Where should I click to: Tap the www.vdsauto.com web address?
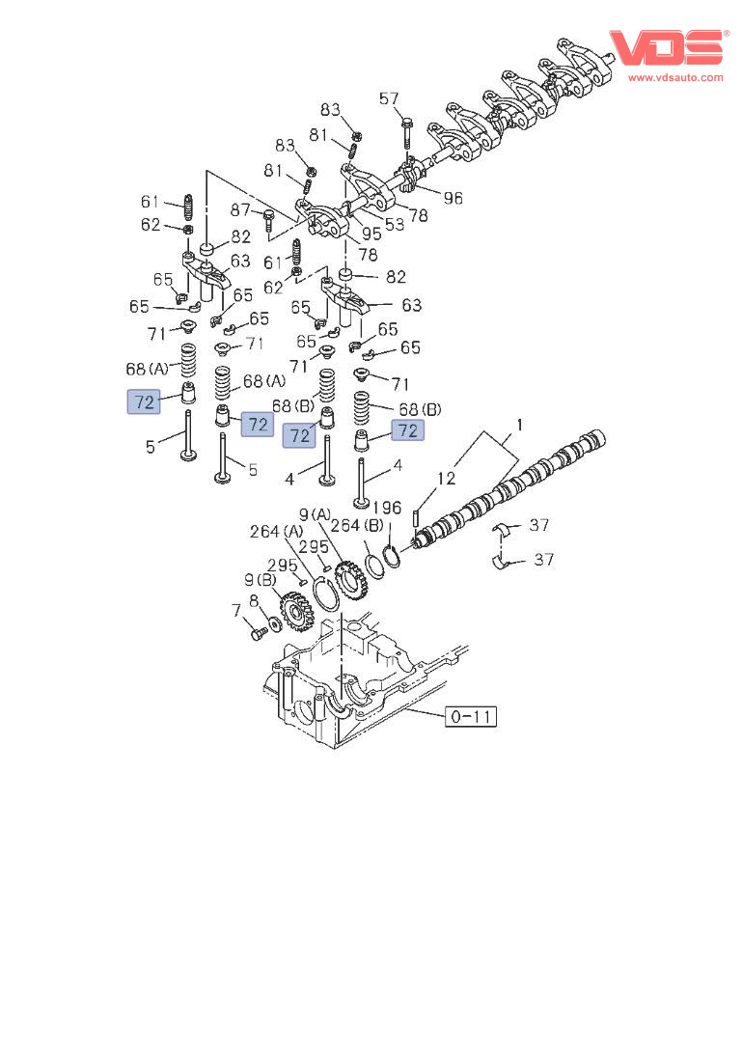[675, 77]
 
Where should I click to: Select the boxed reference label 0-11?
[472, 716]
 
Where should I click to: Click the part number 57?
[389, 98]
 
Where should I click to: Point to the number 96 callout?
[453, 198]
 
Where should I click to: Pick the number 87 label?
[240, 210]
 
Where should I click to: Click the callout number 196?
[387, 509]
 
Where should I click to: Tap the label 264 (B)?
[358, 526]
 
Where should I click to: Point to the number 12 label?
[445, 477]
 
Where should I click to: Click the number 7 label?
[235, 610]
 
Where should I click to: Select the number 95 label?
[371, 233]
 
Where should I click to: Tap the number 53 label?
[394, 225]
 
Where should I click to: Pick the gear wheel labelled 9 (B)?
[295, 611]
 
